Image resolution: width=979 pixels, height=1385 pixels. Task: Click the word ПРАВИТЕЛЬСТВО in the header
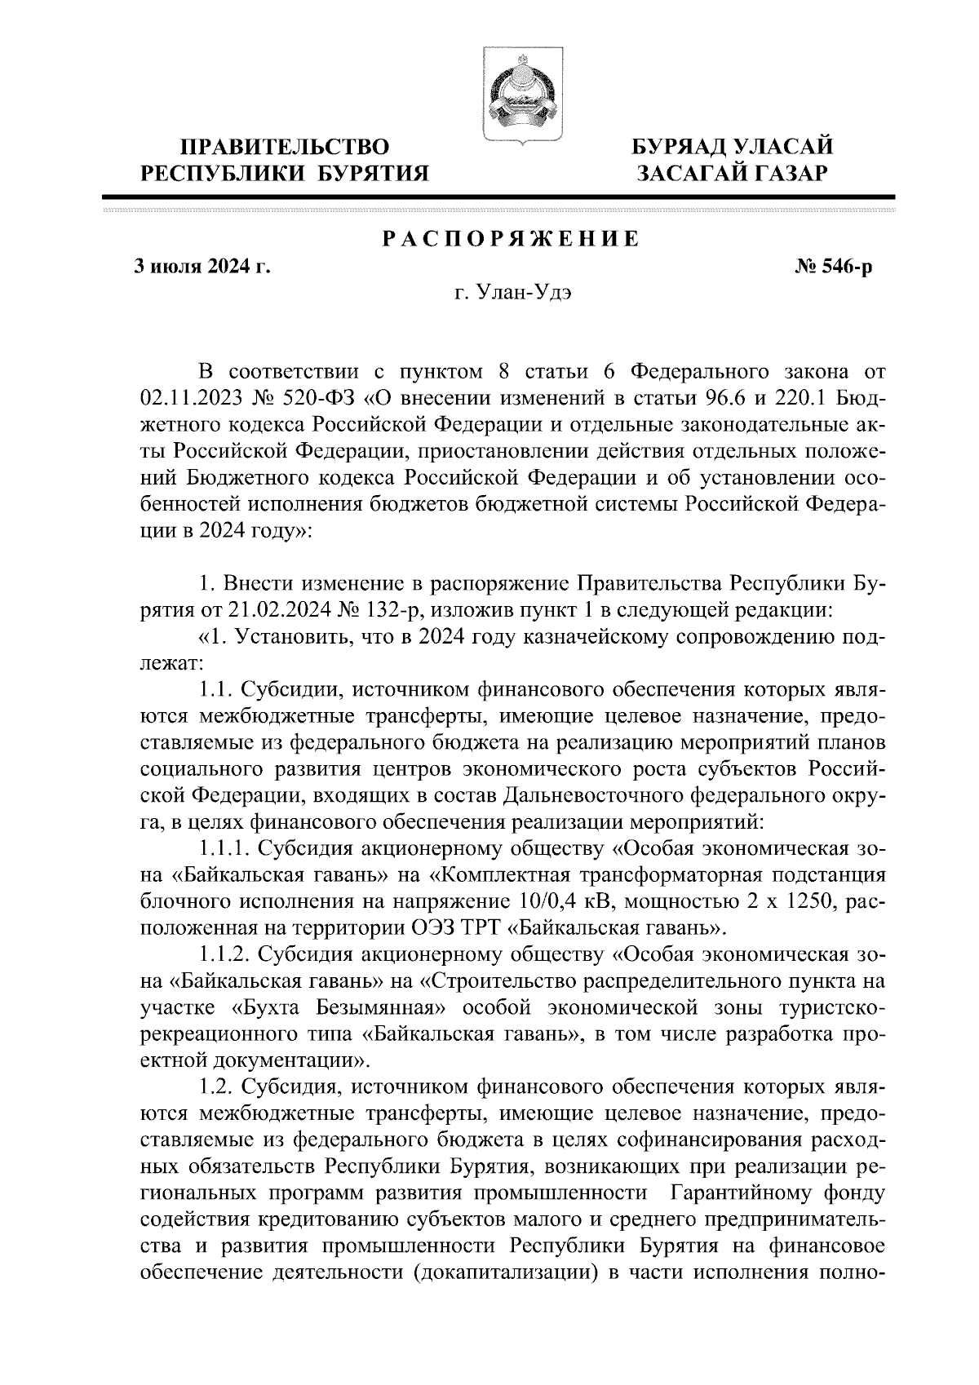(x=284, y=148)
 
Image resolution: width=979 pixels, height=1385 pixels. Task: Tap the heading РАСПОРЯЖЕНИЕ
(x=511, y=240)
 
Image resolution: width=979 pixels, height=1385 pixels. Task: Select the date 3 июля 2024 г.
(x=202, y=267)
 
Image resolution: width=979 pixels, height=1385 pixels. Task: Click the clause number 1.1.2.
(x=223, y=954)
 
